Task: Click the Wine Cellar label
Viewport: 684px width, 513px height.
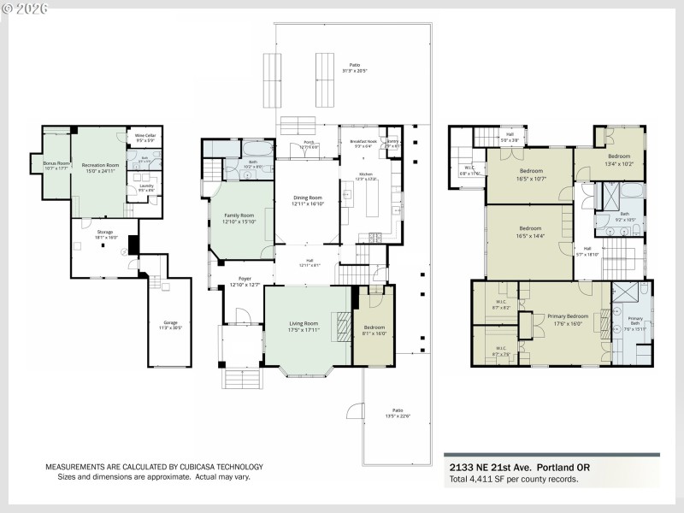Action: pos(144,135)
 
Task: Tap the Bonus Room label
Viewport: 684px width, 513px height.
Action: pos(44,162)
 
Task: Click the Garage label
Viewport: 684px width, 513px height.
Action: pos(169,323)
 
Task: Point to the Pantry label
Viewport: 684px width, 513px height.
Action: pos(393,141)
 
